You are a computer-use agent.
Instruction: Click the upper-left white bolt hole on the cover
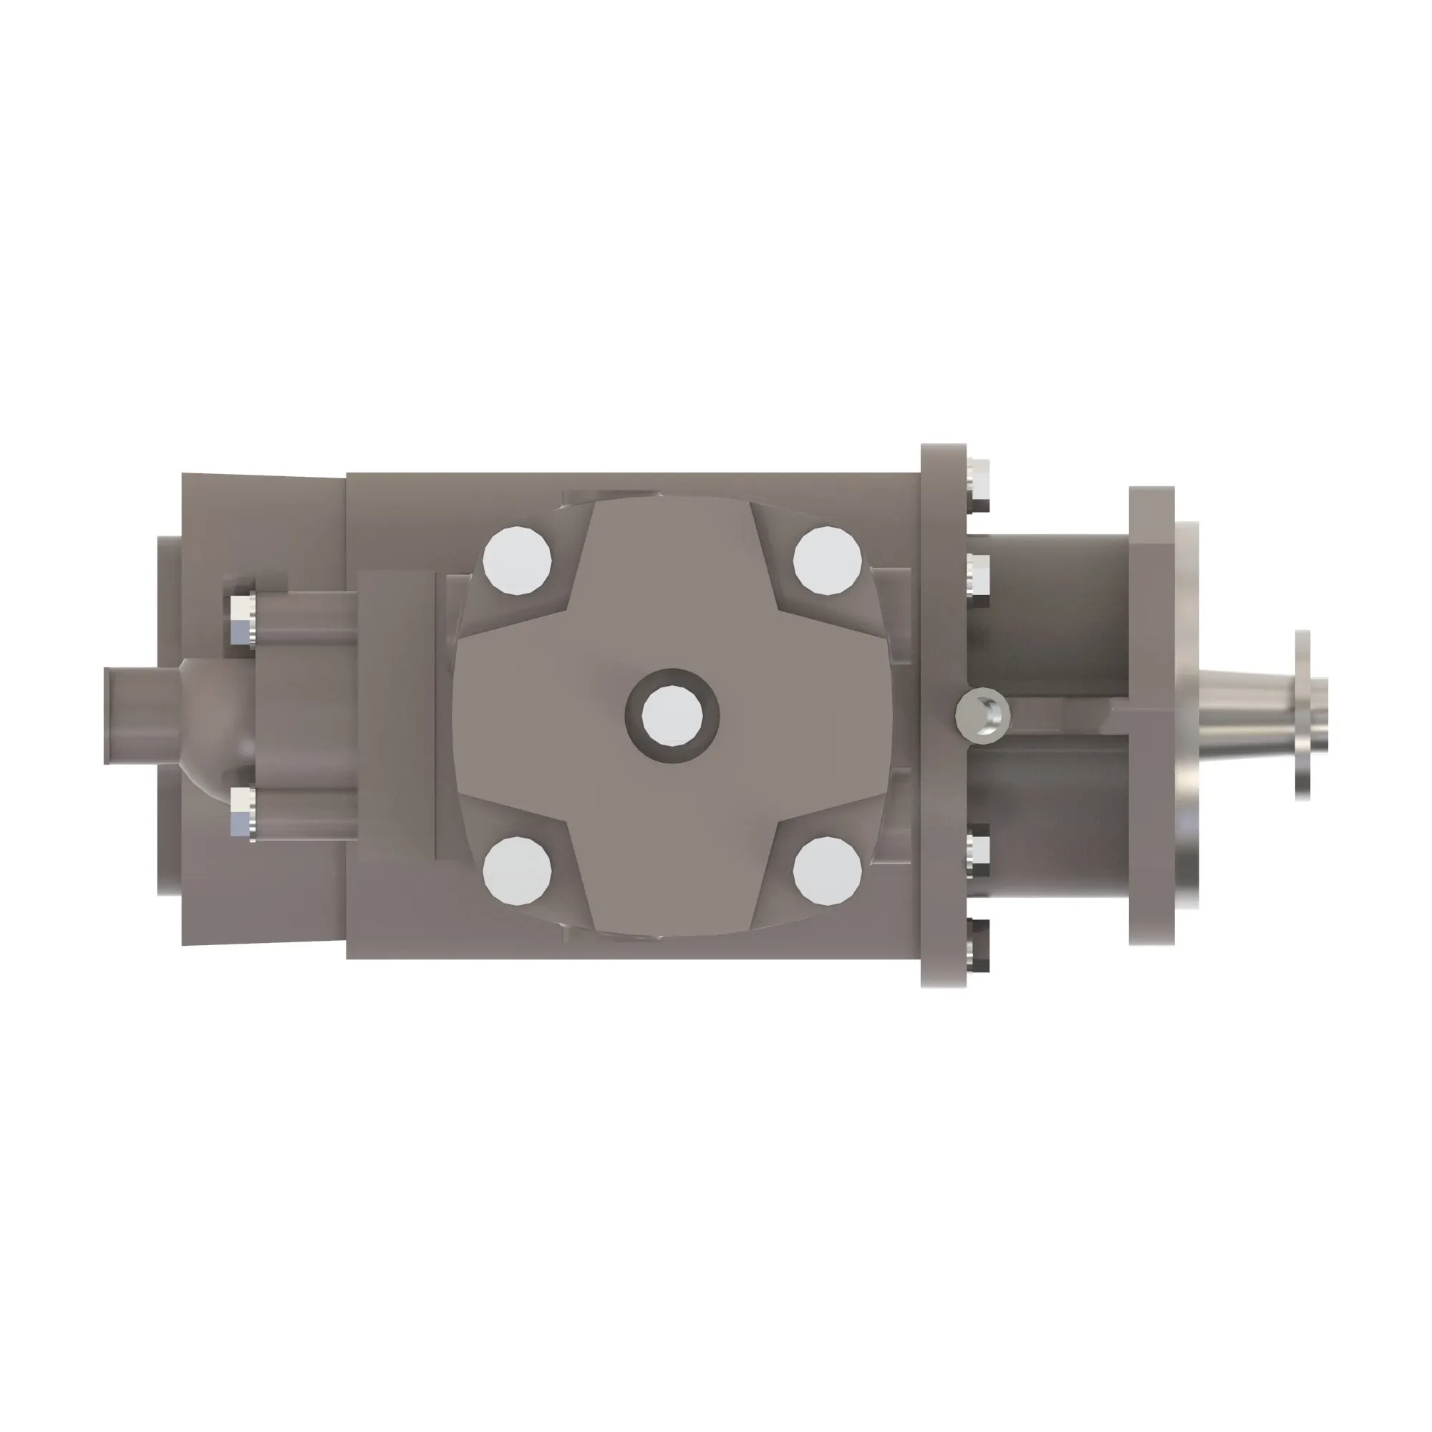(517, 561)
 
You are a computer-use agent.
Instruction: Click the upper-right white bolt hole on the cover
(827, 561)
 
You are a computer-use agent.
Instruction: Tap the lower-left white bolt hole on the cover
(517, 871)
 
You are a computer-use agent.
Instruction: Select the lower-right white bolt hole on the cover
(827, 871)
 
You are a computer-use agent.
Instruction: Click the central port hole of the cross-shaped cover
(672, 716)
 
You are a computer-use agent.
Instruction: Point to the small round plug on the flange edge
(983, 715)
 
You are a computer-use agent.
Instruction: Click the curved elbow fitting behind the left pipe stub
(215, 715)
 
